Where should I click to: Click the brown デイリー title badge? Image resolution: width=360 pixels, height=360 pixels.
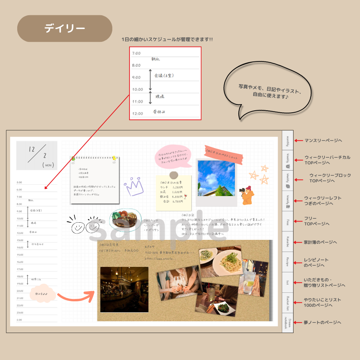point(65,29)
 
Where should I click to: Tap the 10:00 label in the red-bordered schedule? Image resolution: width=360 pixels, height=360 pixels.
point(138,90)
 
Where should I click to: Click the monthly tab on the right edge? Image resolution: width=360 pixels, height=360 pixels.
point(288,140)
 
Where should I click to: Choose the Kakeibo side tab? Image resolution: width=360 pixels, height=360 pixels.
point(288,242)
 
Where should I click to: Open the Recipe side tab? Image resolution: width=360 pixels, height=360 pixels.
point(288,262)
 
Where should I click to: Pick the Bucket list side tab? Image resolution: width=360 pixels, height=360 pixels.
point(288,303)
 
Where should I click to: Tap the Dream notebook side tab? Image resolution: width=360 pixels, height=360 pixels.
point(288,323)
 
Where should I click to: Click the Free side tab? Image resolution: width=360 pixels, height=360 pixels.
point(288,221)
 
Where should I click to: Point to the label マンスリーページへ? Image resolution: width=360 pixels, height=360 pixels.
point(323,140)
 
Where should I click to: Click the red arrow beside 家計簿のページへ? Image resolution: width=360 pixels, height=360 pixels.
point(298,242)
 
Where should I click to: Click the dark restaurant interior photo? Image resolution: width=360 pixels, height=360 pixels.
point(124,290)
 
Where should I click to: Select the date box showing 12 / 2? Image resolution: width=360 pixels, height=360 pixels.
point(37,155)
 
